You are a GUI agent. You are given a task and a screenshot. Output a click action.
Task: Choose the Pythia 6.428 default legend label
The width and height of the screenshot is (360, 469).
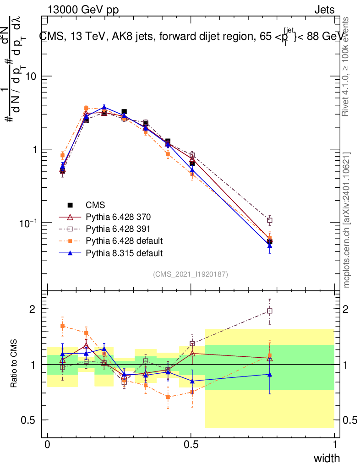124,240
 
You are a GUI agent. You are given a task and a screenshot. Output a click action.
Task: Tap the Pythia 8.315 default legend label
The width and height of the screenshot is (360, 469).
124,252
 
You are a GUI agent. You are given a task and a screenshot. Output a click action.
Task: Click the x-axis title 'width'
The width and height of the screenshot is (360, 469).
326,458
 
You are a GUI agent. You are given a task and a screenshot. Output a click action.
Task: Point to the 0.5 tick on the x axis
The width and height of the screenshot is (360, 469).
191,445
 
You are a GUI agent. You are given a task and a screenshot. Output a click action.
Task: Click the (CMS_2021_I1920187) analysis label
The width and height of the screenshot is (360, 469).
191,274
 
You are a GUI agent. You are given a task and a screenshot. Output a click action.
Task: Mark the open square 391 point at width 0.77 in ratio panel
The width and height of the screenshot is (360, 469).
270,311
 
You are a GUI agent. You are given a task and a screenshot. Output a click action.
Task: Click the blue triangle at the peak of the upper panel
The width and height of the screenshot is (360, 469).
104,107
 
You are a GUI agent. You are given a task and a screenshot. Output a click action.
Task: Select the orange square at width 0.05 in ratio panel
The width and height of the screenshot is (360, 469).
62,326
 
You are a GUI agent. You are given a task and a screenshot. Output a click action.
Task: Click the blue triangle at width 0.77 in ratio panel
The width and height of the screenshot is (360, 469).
270,375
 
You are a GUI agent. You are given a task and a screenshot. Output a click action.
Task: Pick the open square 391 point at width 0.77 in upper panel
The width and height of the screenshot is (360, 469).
270,220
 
